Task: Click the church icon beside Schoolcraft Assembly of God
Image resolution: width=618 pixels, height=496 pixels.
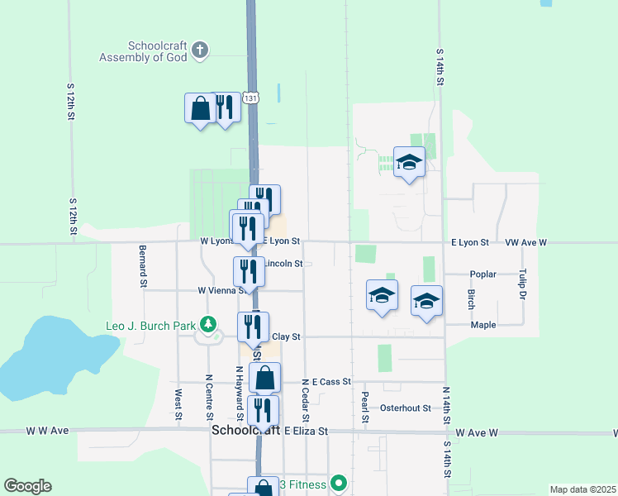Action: coord(199,51)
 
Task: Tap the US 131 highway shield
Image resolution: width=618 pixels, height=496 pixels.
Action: coord(252,98)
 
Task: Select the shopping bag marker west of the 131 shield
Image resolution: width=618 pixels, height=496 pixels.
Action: coord(199,108)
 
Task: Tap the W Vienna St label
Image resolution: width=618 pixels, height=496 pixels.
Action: coord(221,290)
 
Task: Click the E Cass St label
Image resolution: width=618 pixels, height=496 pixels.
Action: coord(330,382)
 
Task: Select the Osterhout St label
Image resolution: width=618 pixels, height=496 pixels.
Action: coord(406,408)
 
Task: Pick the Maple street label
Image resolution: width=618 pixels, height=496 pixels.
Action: coord(483,325)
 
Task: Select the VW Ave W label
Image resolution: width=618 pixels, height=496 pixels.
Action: coord(526,243)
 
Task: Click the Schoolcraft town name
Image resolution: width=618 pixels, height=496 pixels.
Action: coord(245,432)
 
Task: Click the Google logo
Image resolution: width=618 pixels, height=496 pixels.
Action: coord(27,486)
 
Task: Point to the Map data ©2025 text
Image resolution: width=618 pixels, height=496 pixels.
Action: coord(582,489)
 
